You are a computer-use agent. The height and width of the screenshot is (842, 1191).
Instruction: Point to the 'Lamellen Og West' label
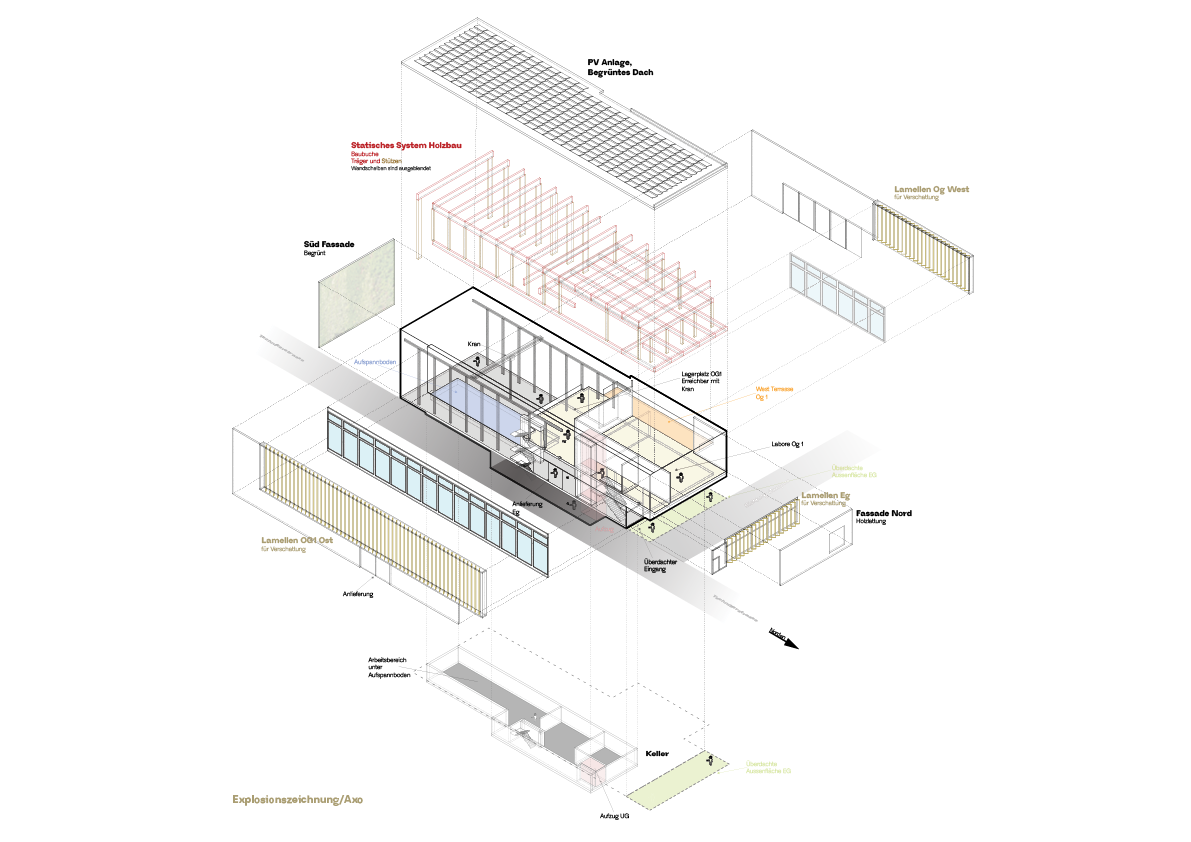tap(931, 189)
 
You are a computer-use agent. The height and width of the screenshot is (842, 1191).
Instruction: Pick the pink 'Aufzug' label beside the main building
tap(604, 528)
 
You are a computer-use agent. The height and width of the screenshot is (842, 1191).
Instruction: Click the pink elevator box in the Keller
tap(592, 770)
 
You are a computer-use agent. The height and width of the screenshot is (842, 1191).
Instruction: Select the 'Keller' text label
tap(656, 752)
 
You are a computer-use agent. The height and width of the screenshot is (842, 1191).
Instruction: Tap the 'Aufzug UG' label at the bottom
tap(614, 816)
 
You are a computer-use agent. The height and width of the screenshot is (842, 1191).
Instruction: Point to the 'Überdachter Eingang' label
tap(660, 566)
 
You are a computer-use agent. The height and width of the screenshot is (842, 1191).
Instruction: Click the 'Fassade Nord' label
tap(883, 514)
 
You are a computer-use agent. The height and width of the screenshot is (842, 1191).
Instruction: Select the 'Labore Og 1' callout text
tap(788, 443)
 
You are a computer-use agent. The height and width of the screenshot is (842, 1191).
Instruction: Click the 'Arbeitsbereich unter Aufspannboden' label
tap(384, 667)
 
